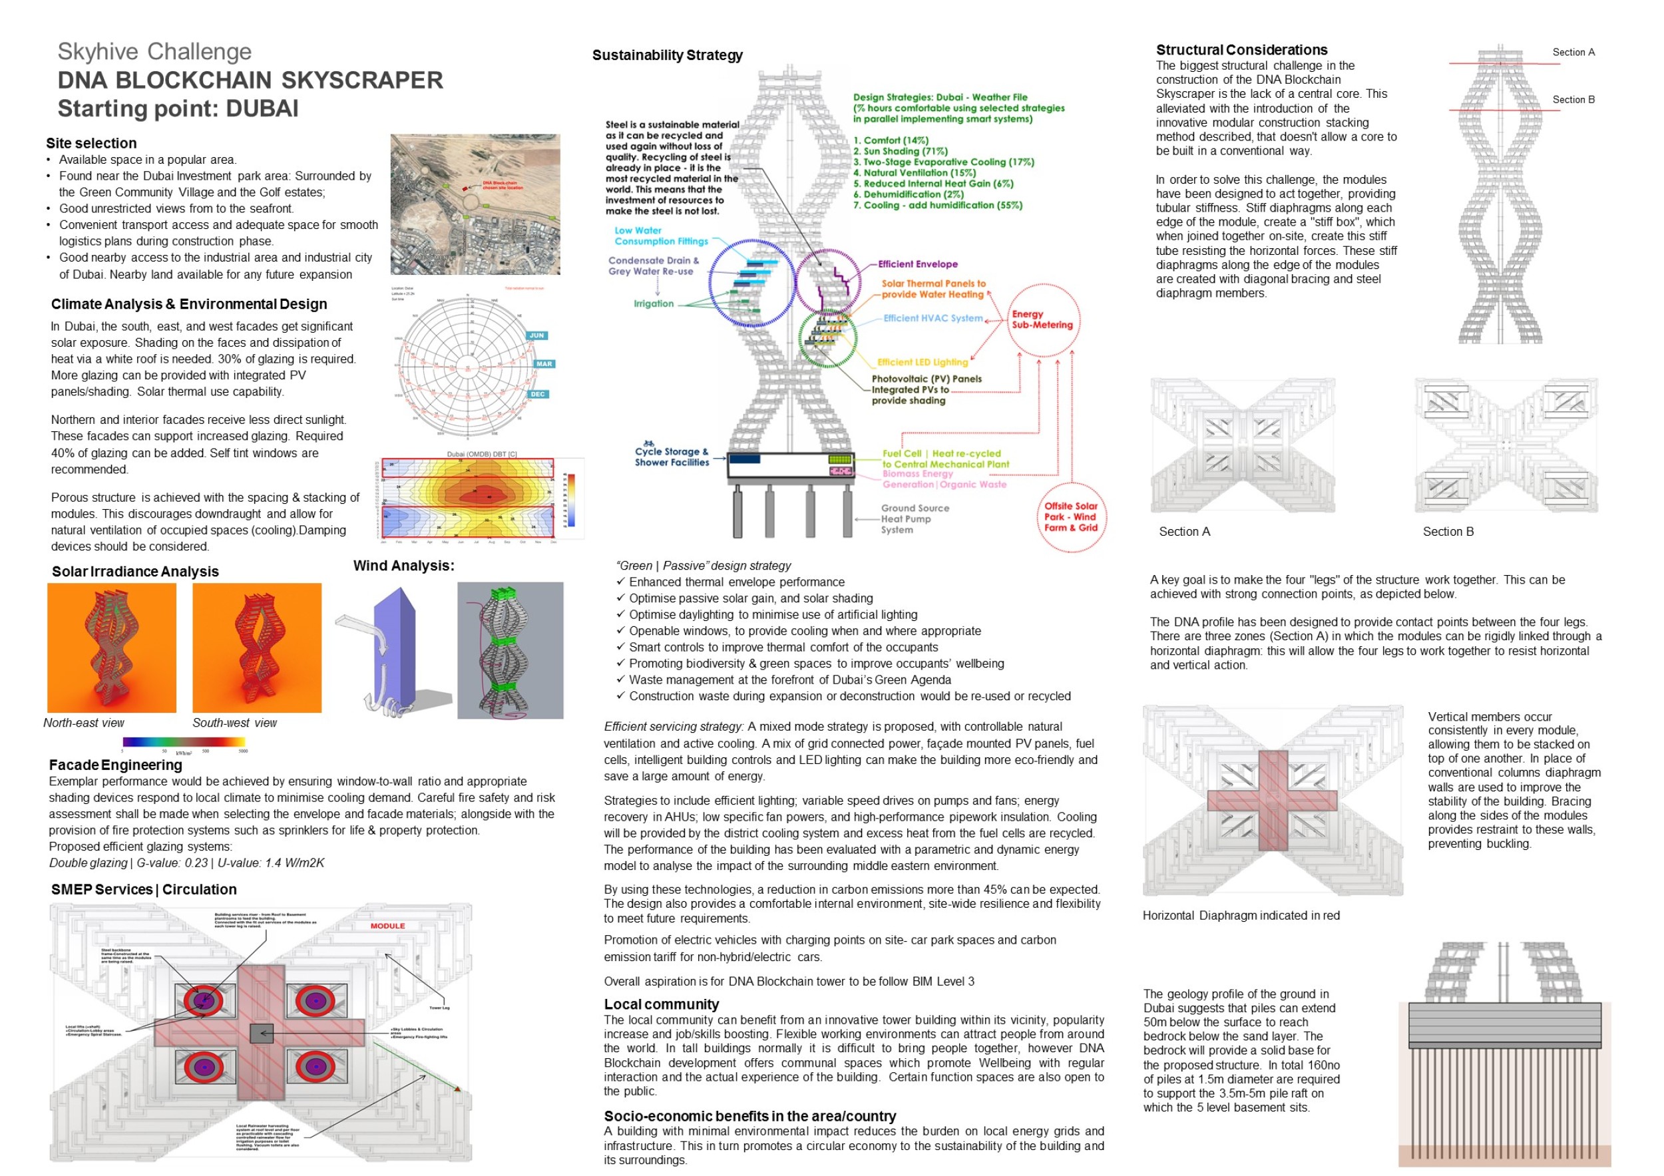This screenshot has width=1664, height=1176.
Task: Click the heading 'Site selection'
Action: (91, 144)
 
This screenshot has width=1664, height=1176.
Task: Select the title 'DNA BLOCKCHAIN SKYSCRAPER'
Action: (250, 81)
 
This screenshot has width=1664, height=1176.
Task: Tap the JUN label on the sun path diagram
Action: (536, 335)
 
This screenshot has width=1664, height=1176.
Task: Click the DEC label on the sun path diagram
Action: (538, 394)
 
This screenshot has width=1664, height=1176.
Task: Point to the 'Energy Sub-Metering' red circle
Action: (1042, 319)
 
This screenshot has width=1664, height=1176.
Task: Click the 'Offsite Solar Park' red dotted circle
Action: (1070, 517)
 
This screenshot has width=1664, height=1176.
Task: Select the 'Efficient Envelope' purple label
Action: (917, 264)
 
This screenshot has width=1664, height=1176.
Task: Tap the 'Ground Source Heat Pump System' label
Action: (915, 519)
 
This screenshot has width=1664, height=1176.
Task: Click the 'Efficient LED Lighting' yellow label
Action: (922, 362)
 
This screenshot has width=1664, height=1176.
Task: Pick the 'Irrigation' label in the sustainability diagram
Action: (653, 303)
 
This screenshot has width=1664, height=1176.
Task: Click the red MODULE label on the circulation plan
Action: (388, 926)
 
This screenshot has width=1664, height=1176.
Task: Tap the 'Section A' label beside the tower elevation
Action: (1573, 52)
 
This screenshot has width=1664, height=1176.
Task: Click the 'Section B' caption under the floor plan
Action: (1447, 532)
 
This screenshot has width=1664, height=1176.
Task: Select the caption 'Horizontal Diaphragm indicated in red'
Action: (1241, 916)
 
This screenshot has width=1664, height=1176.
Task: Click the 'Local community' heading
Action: (661, 1004)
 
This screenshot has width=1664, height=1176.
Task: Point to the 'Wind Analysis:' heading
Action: (403, 566)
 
